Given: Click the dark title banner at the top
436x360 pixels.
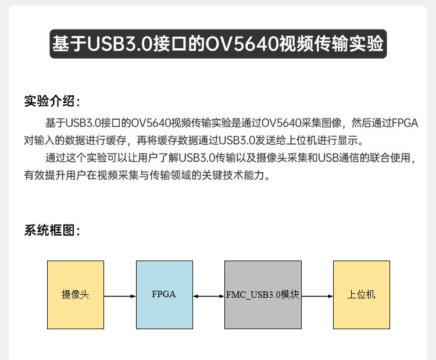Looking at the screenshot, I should (x=218, y=44).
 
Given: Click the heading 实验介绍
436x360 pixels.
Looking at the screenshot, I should (x=51, y=101).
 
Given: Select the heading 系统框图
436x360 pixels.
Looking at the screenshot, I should (x=51, y=230).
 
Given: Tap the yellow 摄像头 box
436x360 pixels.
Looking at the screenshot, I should (x=76, y=308).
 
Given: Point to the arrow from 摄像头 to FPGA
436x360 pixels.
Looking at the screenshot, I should (x=120, y=296).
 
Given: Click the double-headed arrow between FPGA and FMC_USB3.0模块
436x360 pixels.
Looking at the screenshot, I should (x=209, y=296).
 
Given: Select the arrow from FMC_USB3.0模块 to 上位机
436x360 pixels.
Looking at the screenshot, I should (x=317, y=296).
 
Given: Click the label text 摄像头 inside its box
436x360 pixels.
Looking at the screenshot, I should (x=76, y=294).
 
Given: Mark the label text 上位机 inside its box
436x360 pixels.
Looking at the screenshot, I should (x=361, y=294).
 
